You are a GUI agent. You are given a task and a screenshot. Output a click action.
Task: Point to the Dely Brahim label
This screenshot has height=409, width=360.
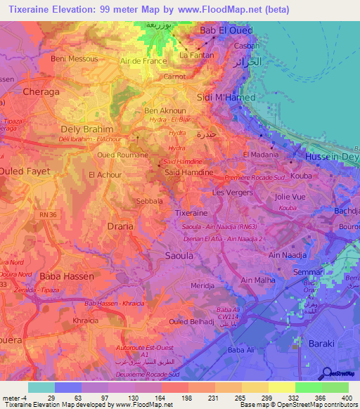click(x=87, y=129)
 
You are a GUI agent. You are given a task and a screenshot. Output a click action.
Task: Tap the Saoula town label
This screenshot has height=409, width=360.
click(x=178, y=256)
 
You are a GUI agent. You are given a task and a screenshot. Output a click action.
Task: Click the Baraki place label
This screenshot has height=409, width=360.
click(x=323, y=343)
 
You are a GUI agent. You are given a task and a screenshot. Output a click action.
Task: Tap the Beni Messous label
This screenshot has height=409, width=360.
click(x=74, y=59)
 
